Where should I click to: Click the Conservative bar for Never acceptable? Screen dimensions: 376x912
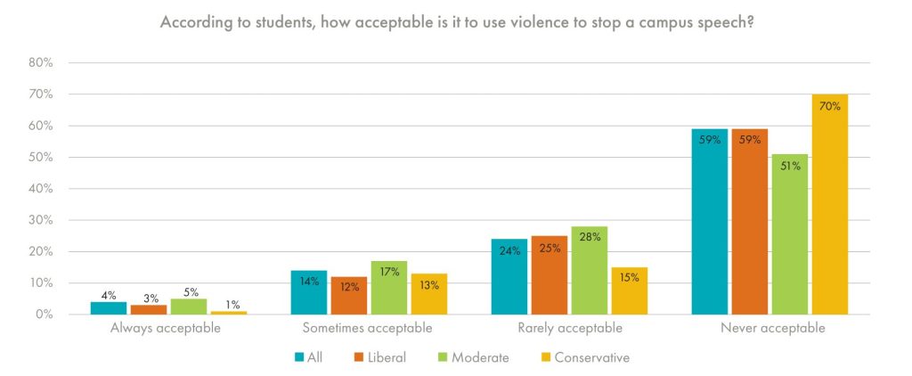829,204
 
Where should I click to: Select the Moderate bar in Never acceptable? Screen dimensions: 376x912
789,234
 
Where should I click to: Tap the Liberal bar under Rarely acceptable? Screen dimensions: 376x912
549,275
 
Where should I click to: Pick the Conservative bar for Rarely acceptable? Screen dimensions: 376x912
629,290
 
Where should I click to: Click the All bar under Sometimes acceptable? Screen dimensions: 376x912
309,292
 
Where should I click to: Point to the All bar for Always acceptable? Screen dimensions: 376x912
109,308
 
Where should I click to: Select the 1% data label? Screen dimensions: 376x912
229,305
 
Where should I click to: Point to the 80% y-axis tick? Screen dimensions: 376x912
42,63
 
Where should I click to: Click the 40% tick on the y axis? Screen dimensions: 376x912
42,189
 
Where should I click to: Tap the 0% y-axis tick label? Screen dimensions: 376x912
45,315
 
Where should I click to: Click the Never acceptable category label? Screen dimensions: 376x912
769,329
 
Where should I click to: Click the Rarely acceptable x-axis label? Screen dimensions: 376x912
570,329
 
